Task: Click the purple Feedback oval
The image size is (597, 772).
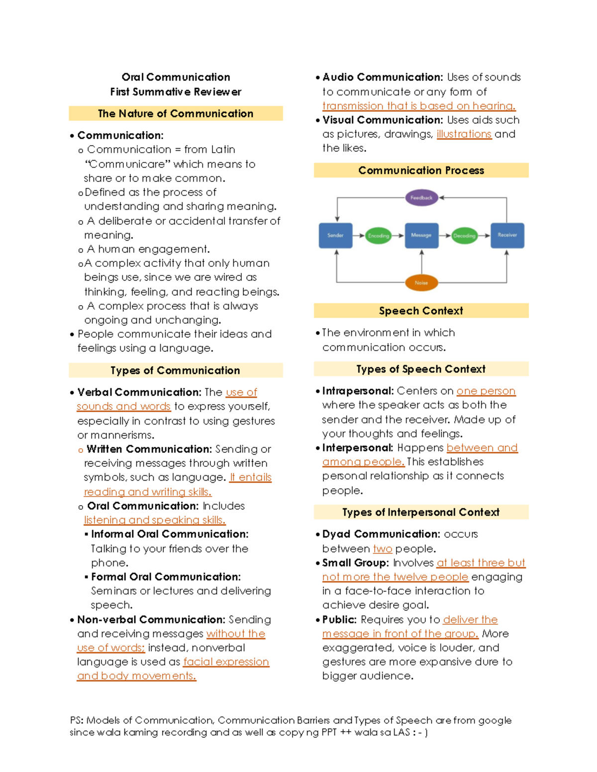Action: (421, 198)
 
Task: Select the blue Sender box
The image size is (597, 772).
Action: (335, 235)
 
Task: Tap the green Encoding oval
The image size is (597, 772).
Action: (379, 236)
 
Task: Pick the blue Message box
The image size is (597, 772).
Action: (421, 235)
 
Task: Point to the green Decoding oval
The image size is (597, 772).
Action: (464, 236)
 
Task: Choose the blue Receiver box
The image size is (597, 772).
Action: (507, 235)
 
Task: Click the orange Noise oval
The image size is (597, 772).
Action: (421, 283)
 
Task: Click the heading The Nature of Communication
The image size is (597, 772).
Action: (176, 114)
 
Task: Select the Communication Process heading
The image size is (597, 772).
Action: (421, 171)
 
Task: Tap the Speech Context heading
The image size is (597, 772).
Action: (421, 311)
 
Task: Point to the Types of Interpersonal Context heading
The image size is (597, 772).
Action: (421, 513)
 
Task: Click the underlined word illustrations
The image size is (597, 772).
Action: (464, 134)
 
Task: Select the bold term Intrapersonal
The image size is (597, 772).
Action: (358, 391)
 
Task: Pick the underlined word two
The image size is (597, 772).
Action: (383, 549)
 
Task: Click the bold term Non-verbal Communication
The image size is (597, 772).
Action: (151, 620)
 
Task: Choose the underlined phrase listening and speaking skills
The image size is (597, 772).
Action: (155, 520)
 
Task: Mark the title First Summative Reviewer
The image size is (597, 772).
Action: (176, 92)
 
